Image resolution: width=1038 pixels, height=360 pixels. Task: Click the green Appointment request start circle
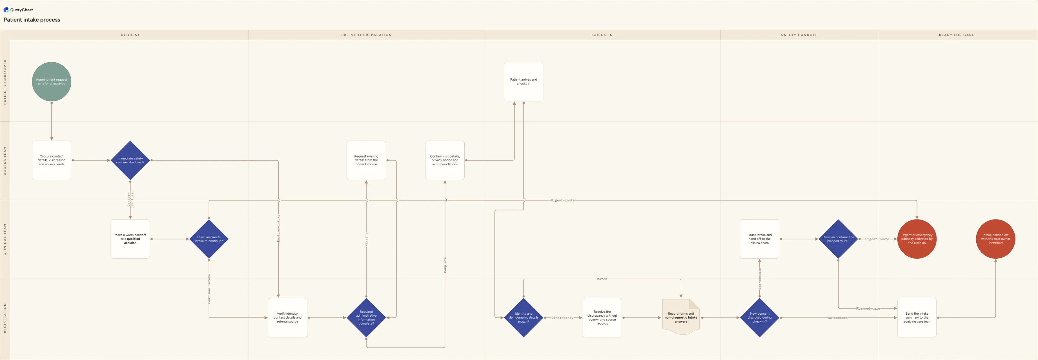51,81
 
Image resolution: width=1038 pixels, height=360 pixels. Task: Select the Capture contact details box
51,160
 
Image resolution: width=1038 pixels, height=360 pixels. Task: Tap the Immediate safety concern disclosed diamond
130,160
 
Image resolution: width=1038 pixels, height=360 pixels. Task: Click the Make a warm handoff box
130,239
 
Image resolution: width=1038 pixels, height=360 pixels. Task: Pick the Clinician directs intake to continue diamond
209,239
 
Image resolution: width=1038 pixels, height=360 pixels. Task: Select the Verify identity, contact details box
288,317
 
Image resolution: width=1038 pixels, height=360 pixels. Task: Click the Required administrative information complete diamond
366,317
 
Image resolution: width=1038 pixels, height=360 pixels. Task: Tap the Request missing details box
366,160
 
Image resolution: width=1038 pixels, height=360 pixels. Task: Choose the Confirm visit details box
445,160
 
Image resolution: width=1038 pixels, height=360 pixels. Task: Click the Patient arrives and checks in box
523,81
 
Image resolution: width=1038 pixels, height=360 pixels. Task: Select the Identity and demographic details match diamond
523,317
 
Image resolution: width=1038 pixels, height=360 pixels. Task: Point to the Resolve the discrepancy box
602,317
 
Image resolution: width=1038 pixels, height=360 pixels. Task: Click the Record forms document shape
681,317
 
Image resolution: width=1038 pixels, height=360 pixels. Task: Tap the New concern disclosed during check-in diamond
760,317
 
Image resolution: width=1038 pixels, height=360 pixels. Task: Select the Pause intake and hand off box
760,239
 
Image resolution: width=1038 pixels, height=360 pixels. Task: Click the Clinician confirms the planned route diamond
838,239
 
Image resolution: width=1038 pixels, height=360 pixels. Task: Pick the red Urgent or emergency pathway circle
917,239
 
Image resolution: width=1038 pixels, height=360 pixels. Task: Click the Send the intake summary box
917,317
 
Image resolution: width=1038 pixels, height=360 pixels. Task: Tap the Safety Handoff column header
799,35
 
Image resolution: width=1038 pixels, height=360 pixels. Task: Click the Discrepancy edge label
562,318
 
